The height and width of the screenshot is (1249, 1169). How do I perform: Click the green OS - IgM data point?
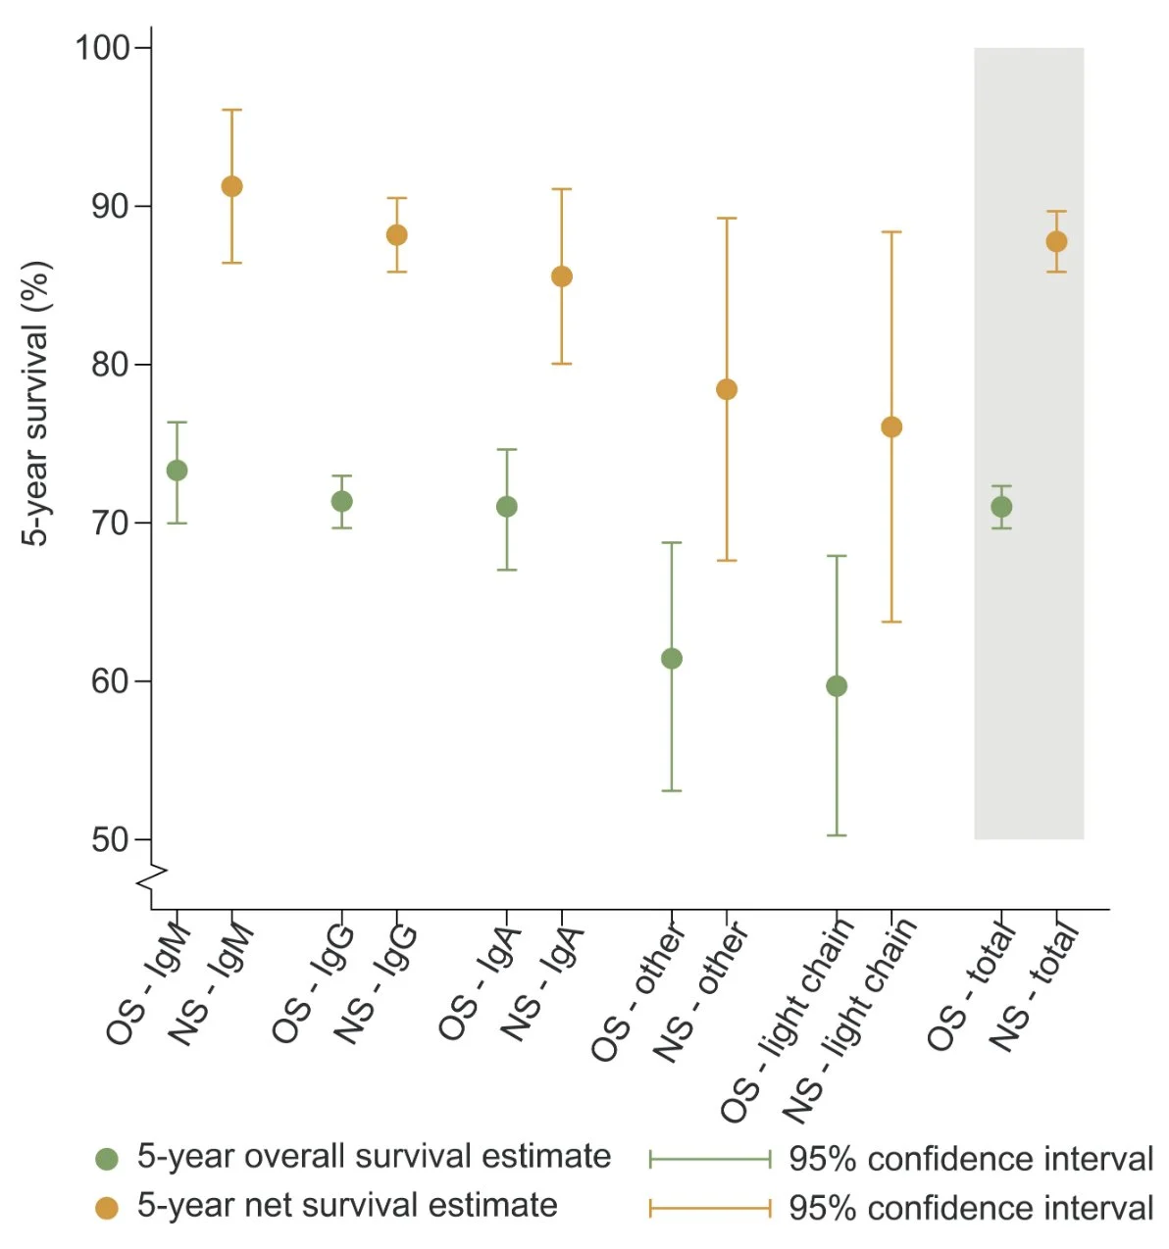(x=177, y=471)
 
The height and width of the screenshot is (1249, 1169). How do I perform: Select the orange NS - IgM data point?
(x=231, y=186)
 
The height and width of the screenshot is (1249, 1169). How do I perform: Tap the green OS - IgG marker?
(x=341, y=501)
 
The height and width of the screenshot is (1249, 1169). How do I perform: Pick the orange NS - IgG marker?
(x=396, y=235)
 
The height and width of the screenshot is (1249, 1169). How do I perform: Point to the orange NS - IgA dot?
(x=561, y=276)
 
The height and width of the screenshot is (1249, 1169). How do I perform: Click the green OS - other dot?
(x=672, y=659)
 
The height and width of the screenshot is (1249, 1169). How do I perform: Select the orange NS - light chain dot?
(x=891, y=426)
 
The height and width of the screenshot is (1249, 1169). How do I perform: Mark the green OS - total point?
(x=1001, y=507)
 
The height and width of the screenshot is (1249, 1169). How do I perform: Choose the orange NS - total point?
(x=1056, y=241)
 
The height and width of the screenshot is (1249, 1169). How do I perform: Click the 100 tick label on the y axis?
(x=103, y=47)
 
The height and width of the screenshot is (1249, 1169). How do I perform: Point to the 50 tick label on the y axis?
(x=111, y=840)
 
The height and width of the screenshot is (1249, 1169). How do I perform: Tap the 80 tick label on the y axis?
(x=111, y=365)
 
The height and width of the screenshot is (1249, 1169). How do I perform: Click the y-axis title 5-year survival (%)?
(x=36, y=402)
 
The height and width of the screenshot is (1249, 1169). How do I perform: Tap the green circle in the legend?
(x=107, y=1159)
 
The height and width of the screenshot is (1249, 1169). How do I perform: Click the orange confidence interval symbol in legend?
(x=710, y=1208)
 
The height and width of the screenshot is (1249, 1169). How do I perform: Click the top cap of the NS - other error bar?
(x=727, y=219)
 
